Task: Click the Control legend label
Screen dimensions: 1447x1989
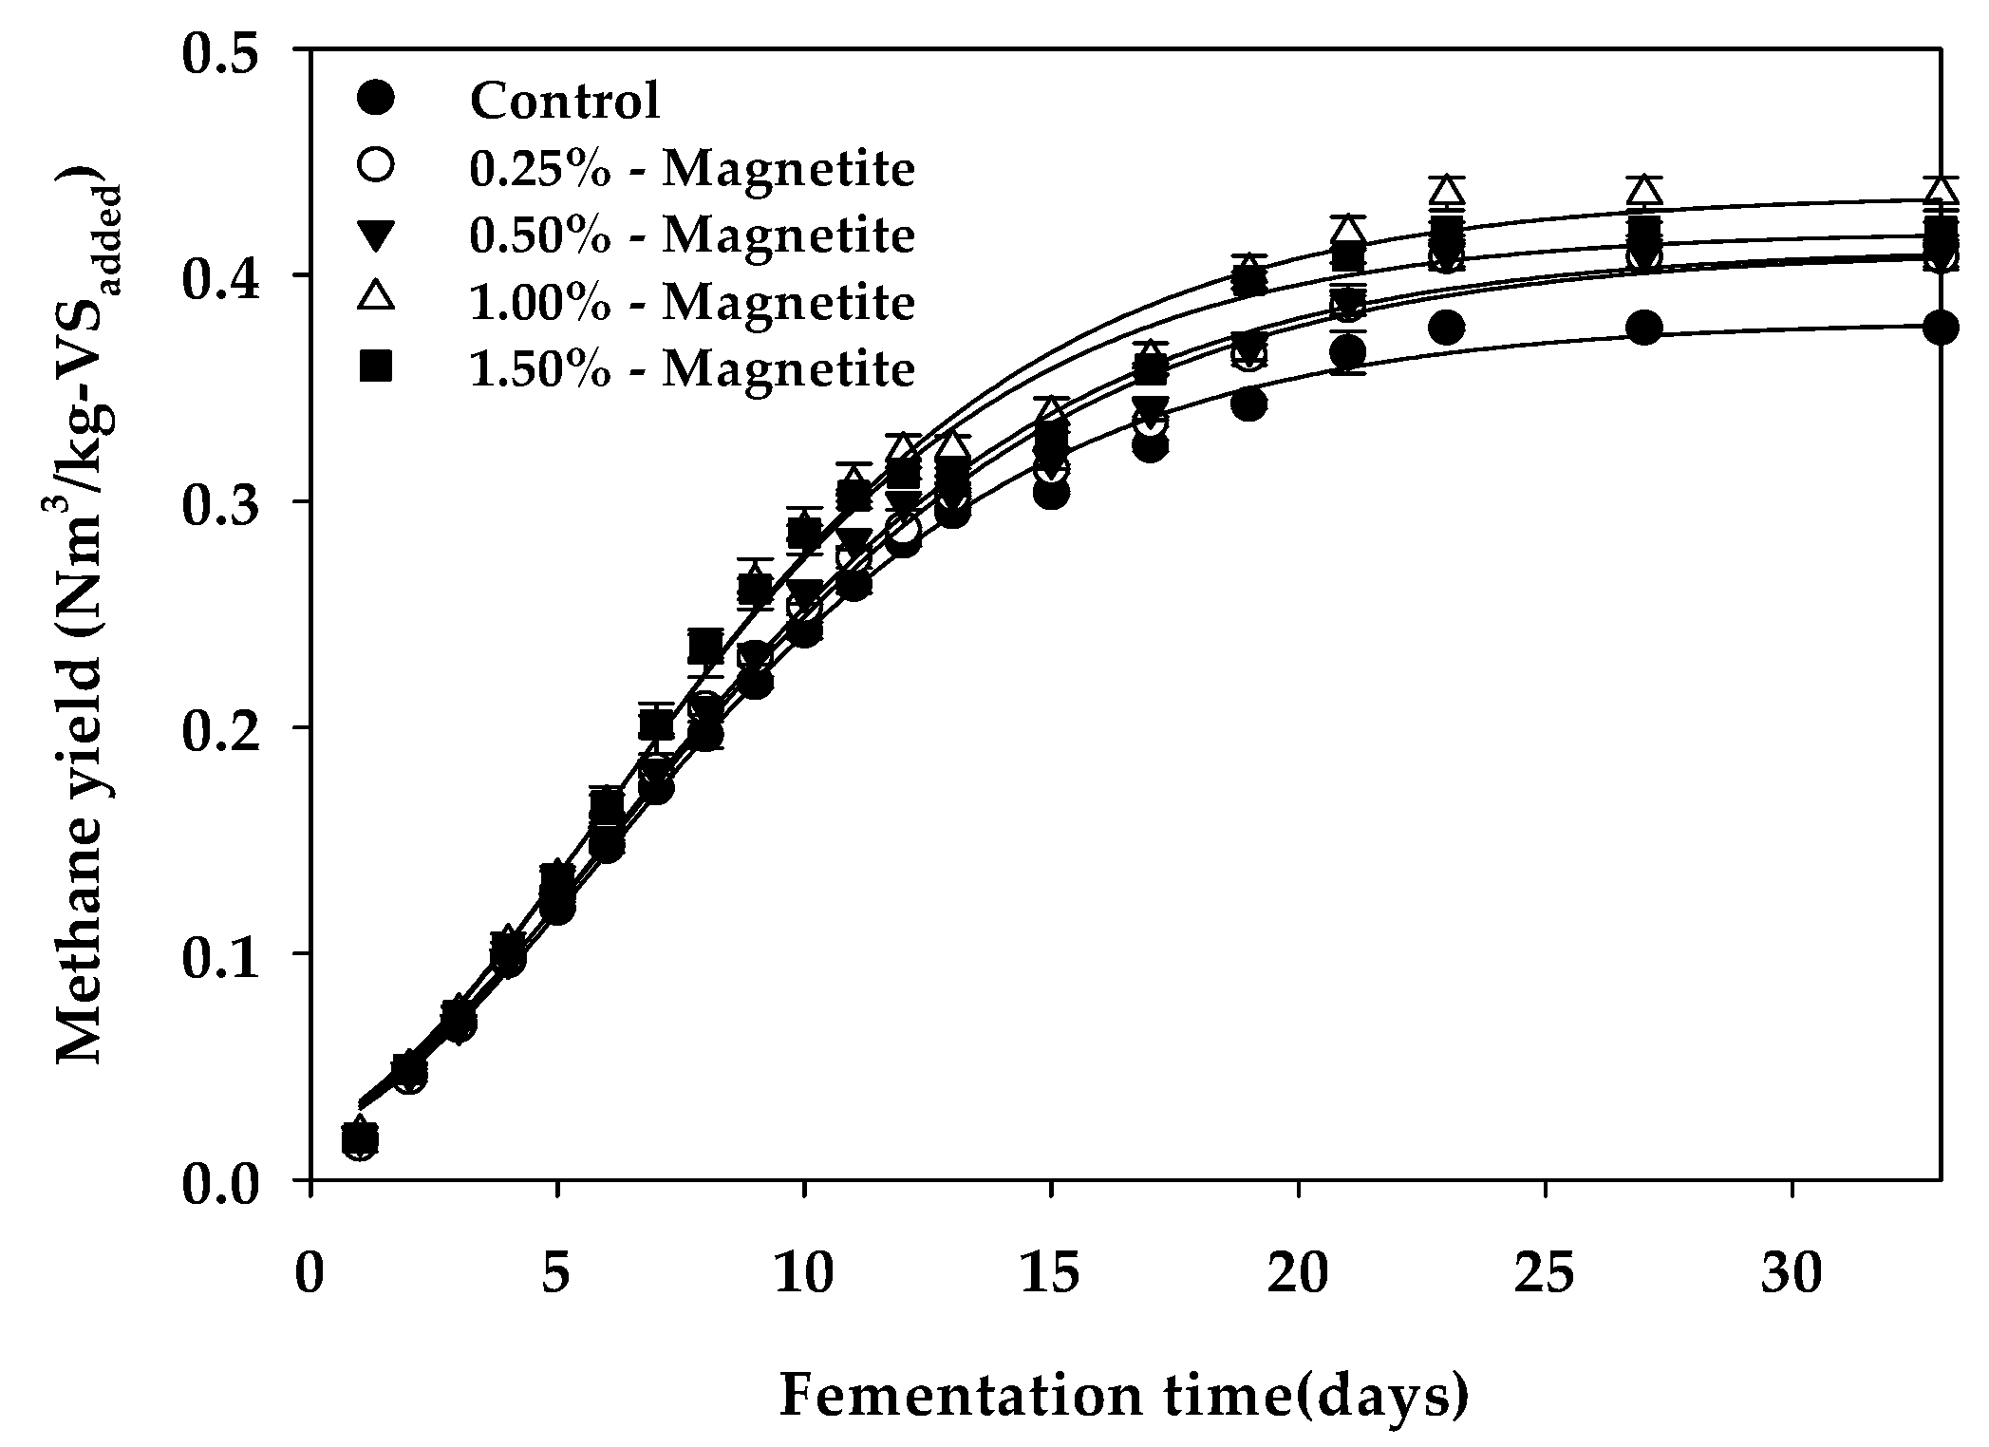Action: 565,101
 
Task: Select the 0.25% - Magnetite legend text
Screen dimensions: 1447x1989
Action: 692,169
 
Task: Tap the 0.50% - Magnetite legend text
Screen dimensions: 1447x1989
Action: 692,235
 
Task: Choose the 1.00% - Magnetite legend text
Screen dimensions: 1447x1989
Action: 692,302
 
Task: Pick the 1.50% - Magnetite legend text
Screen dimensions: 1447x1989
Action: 692,368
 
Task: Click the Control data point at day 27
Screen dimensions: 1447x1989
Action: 1643,329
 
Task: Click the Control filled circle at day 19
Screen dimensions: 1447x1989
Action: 1248,404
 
